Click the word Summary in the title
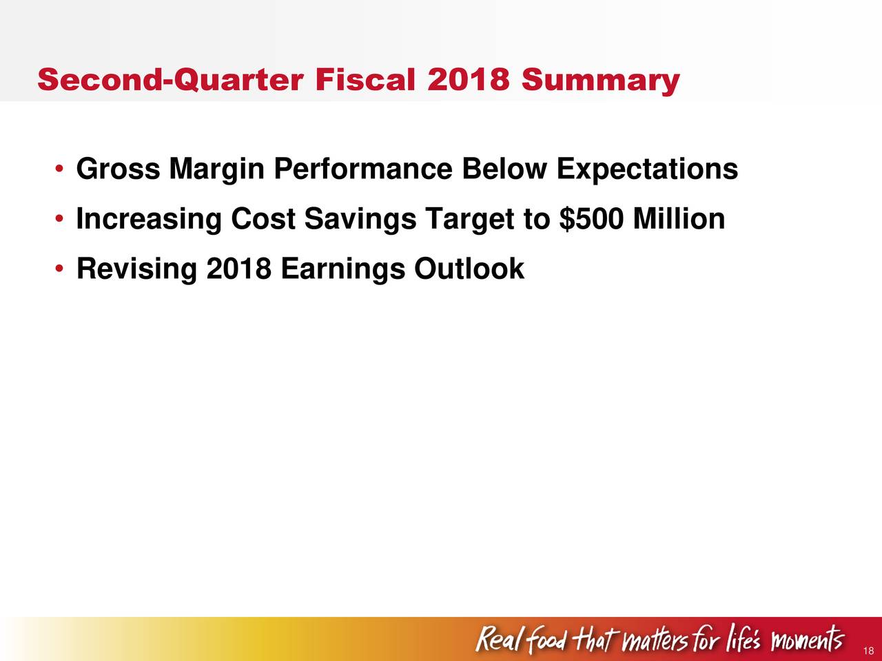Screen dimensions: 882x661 coord(600,81)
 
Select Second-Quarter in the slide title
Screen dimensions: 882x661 coord(170,79)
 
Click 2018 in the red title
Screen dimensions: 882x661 coord(468,79)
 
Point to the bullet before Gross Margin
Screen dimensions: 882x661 coord(59,168)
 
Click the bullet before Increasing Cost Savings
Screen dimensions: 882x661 coord(59,218)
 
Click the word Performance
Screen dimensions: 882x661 coord(363,168)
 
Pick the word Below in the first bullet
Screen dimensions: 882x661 coord(504,168)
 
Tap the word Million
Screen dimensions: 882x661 coord(679,218)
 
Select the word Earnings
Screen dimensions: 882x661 coord(342,270)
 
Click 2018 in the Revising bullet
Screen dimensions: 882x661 coord(238,269)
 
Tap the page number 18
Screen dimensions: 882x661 coord(868,651)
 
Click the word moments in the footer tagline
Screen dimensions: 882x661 coord(807,639)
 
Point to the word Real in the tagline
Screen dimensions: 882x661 coord(498,639)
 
